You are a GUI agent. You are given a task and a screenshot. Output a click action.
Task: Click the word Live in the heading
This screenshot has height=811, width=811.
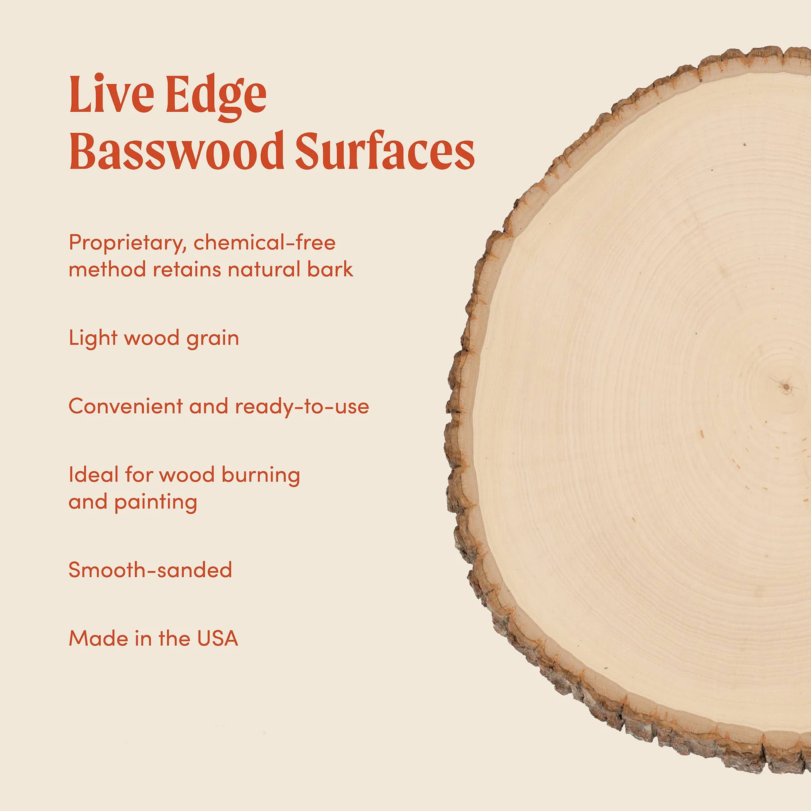click(111, 94)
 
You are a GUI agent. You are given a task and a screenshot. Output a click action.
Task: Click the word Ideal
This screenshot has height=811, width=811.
click(93, 475)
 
